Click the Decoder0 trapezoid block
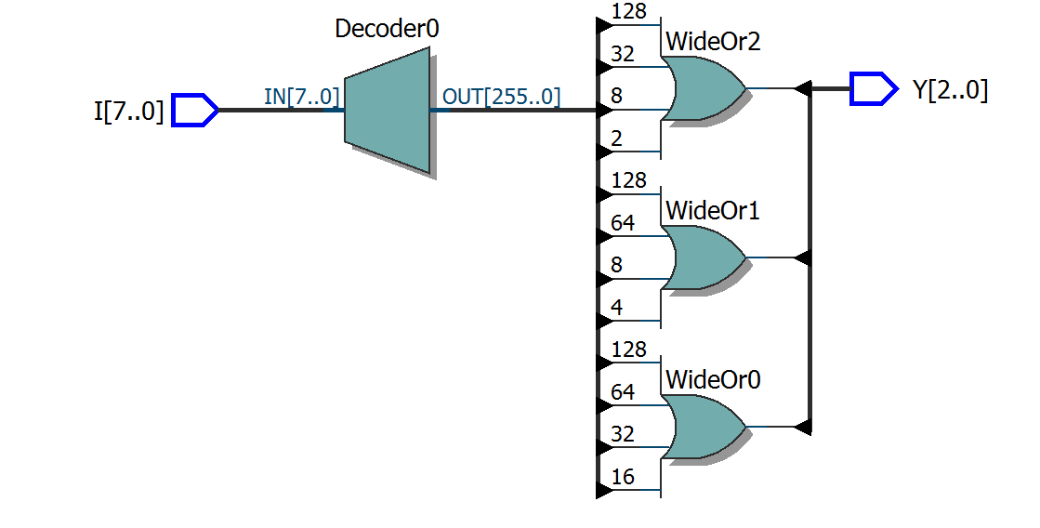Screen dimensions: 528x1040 click(387, 111)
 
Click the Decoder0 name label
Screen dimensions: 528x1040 click(387, 29)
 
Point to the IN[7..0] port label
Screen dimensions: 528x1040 click(302, 96)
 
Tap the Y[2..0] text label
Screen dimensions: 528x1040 click(951, 90)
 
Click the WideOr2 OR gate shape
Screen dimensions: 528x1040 click(704, 89)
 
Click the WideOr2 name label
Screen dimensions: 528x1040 click(713, 42)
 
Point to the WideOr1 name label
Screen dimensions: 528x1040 click(713, 211)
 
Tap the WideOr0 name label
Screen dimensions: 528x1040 click(713, 379)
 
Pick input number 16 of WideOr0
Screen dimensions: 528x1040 click(624, 478)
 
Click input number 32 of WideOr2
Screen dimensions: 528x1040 click(624, 54)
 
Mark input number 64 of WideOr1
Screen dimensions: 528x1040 click(624, 223)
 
